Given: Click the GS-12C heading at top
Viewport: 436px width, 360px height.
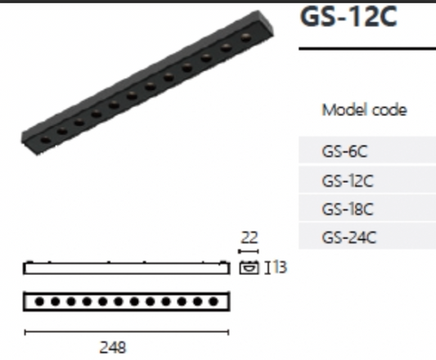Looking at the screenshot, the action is click(x=348, y=16).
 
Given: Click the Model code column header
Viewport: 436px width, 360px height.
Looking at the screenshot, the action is click(x=364, y=110).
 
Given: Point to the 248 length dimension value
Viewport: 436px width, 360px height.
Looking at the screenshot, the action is click(x=113, y=347).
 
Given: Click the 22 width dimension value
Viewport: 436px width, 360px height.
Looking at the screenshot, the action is click(x=249, y=237).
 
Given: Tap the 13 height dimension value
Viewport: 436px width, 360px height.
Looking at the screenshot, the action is click(x=280, y=267).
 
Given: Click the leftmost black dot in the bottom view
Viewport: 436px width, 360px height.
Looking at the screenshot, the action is click(x=39, y=301).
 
